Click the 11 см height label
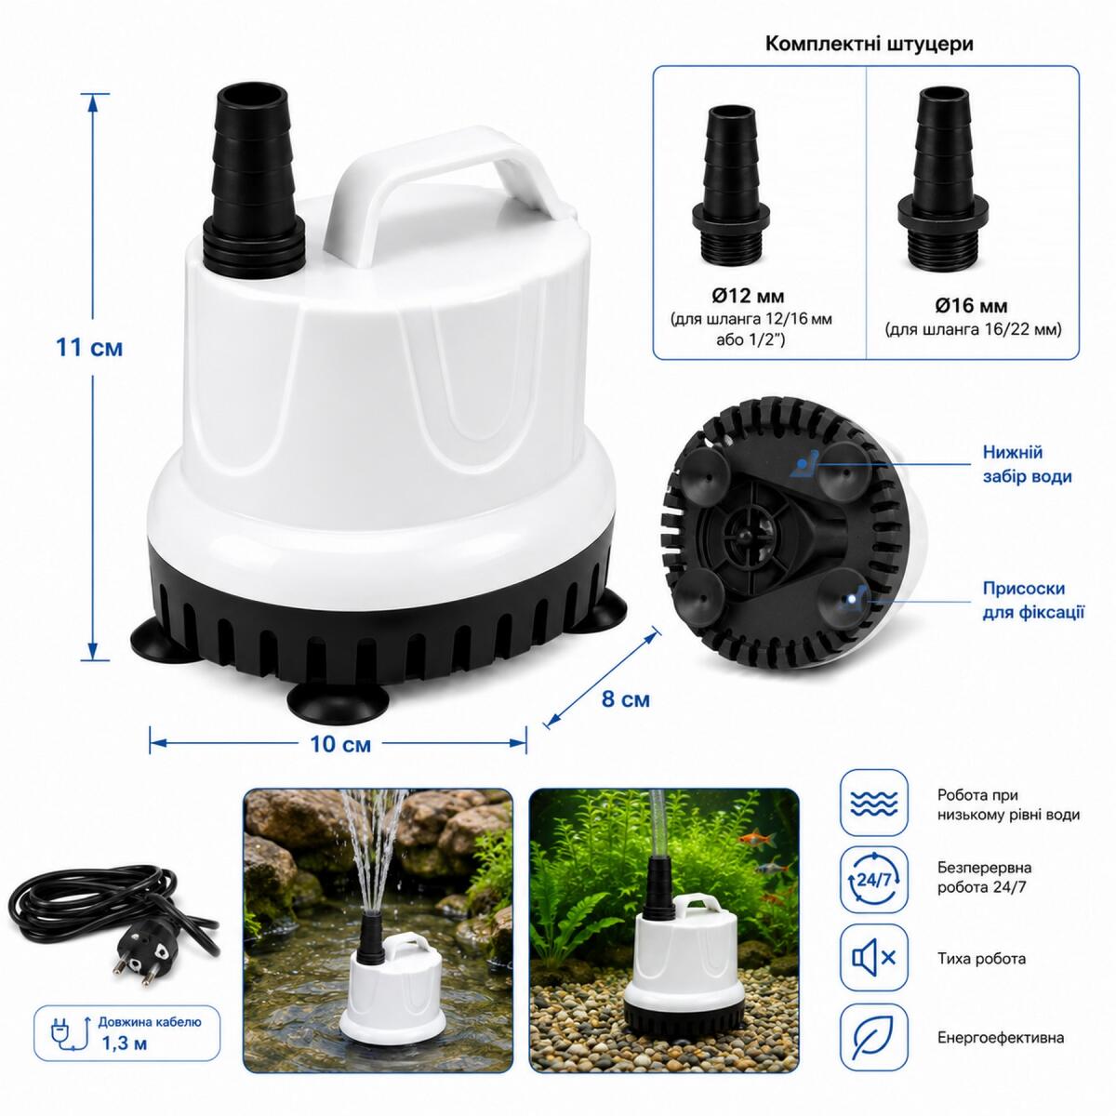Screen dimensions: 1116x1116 89,348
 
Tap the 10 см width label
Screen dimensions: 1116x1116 340,744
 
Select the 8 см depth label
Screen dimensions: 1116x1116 626,699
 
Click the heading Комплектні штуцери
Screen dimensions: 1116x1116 870,44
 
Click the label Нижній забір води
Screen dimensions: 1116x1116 1027,464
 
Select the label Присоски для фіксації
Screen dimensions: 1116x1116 1033,601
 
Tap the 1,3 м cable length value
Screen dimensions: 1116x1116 125,1043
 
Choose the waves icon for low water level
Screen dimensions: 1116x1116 873,802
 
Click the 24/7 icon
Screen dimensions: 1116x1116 873,880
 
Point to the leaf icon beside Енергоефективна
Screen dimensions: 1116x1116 873,1037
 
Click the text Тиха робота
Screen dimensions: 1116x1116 982,959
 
